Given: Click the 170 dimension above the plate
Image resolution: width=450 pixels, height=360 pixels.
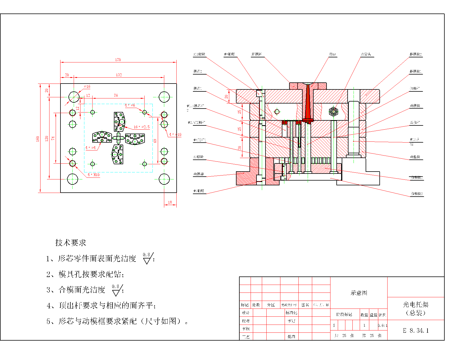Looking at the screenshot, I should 118,60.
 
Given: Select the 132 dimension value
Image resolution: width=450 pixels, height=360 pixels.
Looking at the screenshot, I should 119,75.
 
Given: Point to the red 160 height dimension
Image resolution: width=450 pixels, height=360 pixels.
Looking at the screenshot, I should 37,139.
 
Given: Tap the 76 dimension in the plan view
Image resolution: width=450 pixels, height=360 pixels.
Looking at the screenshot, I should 116,95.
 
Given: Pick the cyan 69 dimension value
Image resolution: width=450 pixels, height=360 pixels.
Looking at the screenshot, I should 155,141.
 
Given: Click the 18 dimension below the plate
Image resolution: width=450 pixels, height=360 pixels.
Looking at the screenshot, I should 170,202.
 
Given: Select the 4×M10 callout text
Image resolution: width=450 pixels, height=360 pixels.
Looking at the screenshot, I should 93,175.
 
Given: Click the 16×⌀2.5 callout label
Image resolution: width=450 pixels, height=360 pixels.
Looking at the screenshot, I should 141,127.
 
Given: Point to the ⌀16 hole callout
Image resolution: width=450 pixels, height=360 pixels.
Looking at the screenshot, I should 87,87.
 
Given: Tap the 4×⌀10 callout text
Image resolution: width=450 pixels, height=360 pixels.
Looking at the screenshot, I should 175,134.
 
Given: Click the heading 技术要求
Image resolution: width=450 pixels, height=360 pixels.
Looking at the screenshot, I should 71,243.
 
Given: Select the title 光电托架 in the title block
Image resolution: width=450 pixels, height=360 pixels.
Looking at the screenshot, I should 416,305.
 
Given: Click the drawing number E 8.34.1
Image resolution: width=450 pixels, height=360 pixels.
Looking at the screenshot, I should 416,331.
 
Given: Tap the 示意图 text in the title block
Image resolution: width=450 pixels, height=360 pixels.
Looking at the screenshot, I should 359,293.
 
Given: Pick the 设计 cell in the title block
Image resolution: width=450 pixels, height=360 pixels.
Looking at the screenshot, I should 246,313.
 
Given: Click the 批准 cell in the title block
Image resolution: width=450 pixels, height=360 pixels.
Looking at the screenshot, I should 291,336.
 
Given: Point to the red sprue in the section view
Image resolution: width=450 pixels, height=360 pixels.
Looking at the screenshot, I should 308,104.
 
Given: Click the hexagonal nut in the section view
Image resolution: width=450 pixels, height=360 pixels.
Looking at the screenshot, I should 333,112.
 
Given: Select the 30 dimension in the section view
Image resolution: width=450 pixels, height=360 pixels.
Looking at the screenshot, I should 240,148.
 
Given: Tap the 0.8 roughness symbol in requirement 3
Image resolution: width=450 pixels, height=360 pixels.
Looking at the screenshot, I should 116,290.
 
